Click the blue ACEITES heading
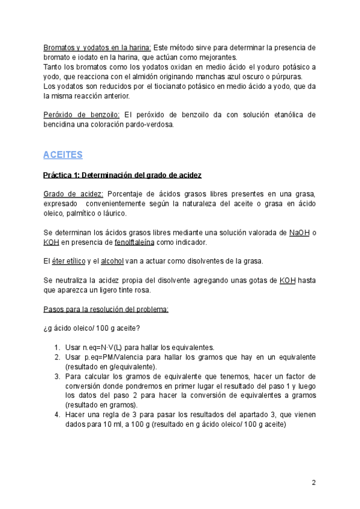(x=62, y=155)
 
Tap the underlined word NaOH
(x=299, y=233)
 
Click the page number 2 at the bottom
(x=313, y=483)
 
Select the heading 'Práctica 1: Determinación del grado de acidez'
(x=122, y=175)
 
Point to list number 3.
(x=56, y=376)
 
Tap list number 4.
(x=56, y=415)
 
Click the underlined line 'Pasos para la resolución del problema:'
(x=106, y=309)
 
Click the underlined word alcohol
(x=112, y=261)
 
